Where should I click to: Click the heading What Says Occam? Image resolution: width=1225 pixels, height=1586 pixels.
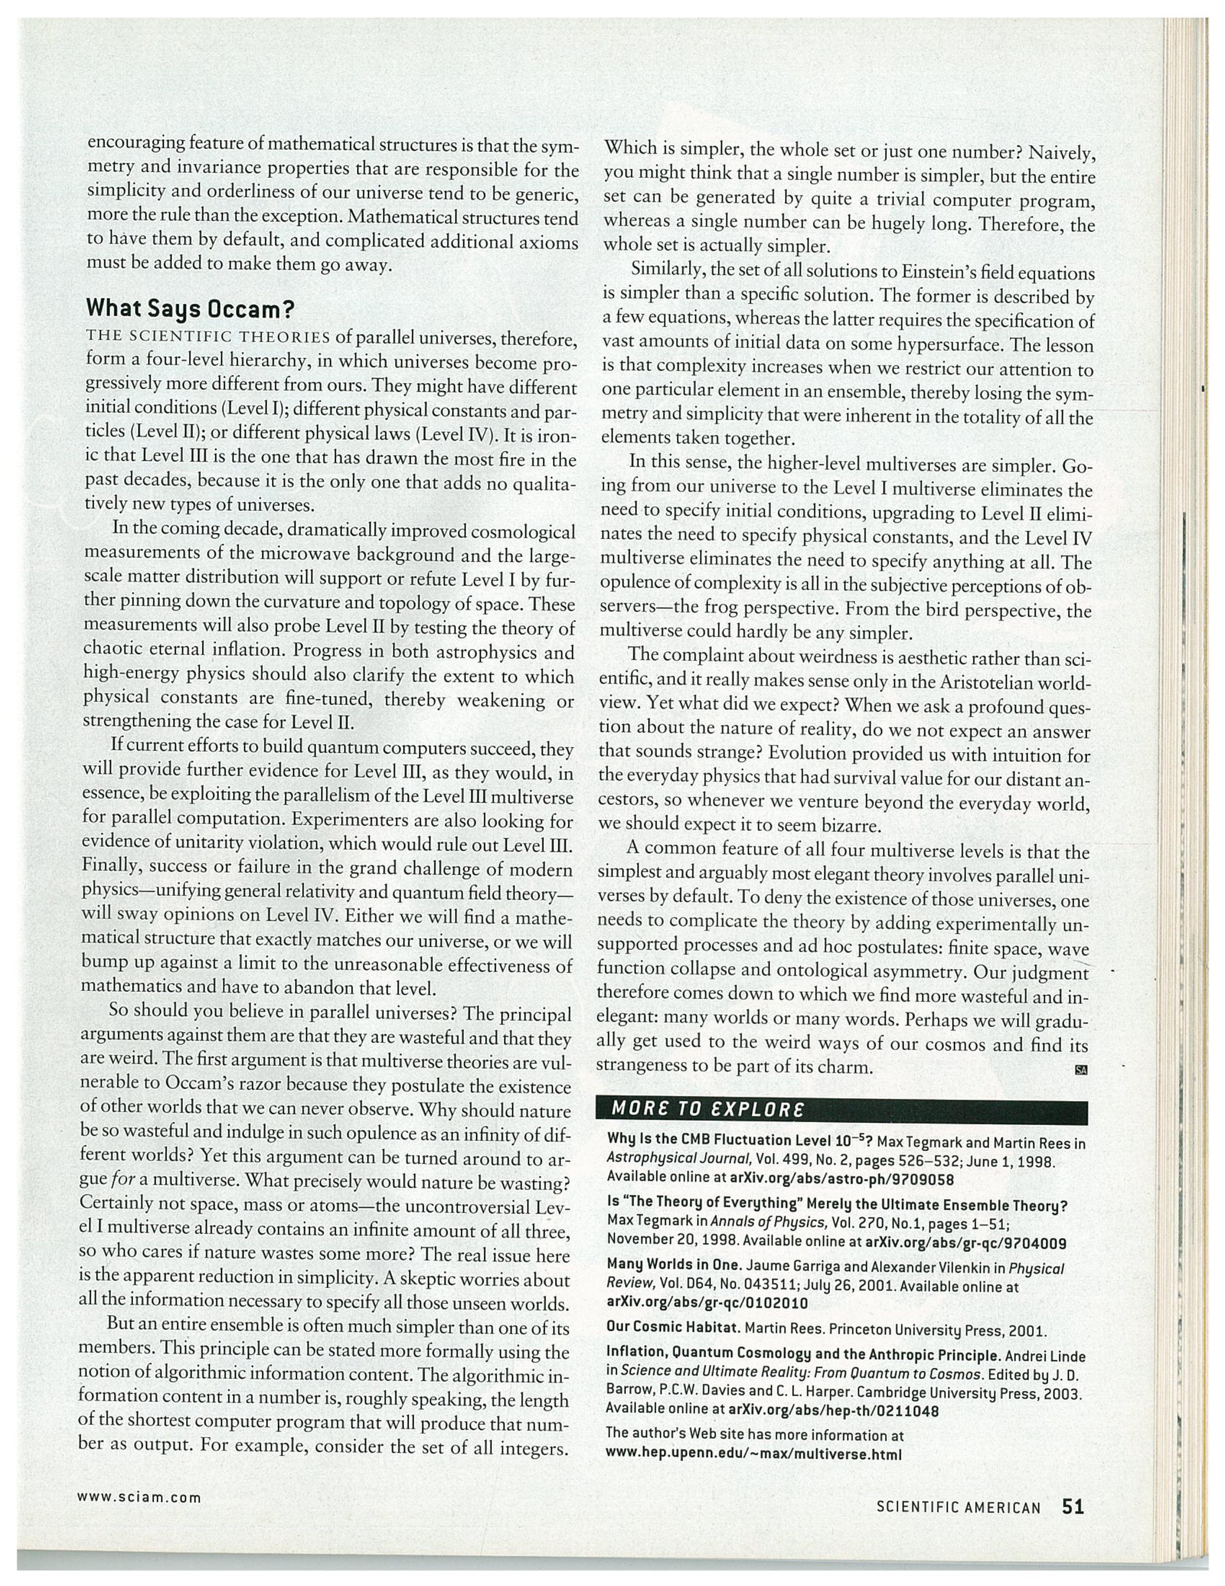coord(190,309)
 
